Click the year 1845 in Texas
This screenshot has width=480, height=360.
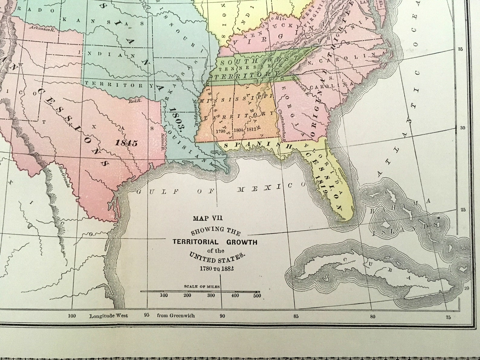click(x=126, y=143)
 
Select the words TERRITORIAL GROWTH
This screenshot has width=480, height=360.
click(x=215, y=242)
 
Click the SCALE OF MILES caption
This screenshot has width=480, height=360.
click(x=202, y=286)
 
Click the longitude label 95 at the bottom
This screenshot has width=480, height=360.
click(x=147, y=316)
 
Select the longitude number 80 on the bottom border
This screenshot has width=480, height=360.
click(x=372, y=316)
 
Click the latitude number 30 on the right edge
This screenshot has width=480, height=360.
click(x=462, y=128)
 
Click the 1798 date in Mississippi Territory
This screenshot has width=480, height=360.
click(x=222, y=131)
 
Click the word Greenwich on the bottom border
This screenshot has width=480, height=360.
click(x=176, y=316)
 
